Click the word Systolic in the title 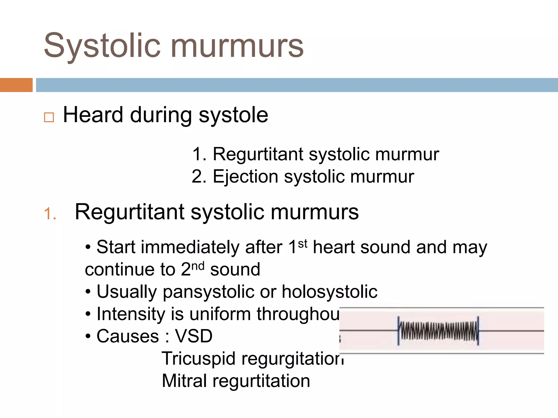coord(102,46)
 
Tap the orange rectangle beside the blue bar coord(16,85)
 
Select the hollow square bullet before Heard coord(49,117)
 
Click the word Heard coord(93,115)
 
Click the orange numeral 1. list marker coord(50,214)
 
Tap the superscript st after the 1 coord(302,244)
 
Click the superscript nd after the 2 coord(198,266)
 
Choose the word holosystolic coord(329,292)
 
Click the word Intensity coord(131,314)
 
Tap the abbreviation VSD coord(193,336)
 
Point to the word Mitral coord(184,381)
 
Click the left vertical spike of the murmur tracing coord(399,330)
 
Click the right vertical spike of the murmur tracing coord(478,330)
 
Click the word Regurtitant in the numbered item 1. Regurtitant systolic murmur coord(257,154)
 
